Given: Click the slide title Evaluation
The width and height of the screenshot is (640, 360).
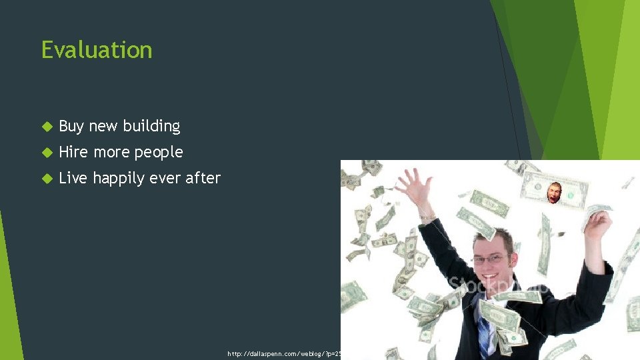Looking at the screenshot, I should click(97, 50).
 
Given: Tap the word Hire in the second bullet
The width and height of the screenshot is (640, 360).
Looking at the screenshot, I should click(73, 152).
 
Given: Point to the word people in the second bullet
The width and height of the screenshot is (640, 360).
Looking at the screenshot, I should click(159, 153).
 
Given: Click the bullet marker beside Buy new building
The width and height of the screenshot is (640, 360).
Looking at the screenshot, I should click(47, 126).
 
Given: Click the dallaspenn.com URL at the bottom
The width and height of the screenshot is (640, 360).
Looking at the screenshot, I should click(284, 353).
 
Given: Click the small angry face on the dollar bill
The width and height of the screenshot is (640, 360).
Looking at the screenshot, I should click(554, 193).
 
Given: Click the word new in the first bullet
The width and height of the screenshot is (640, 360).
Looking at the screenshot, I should click(102, 126).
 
